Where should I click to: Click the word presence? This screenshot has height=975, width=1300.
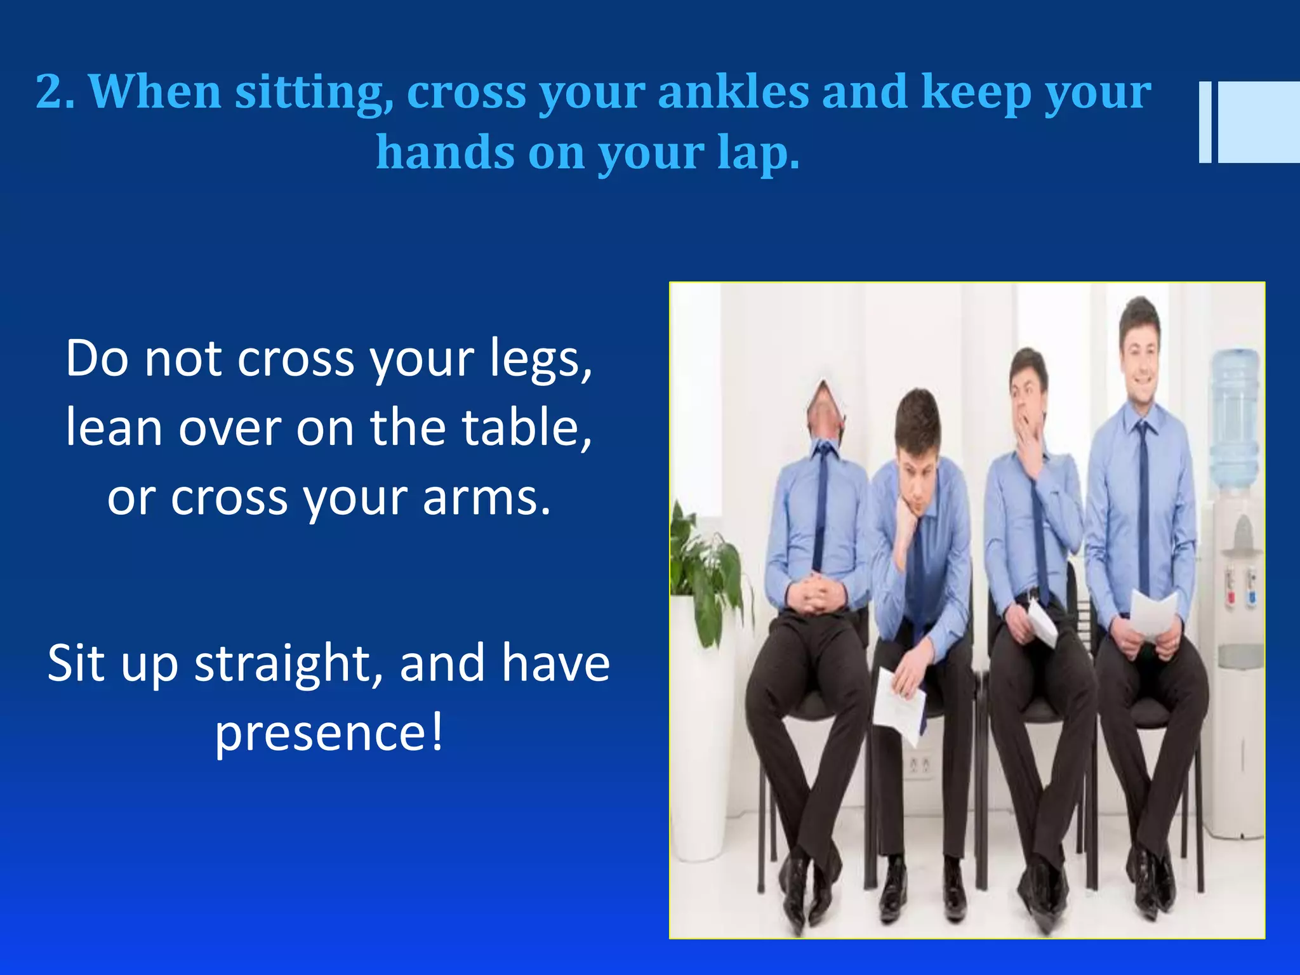329,733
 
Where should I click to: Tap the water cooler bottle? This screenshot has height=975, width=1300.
1235,419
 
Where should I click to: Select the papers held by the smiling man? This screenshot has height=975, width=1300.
1152,613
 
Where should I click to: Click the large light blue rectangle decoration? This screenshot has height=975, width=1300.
1258,122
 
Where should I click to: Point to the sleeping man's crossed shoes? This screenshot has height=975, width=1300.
806,889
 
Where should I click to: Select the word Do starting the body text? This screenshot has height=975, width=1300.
98,359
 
